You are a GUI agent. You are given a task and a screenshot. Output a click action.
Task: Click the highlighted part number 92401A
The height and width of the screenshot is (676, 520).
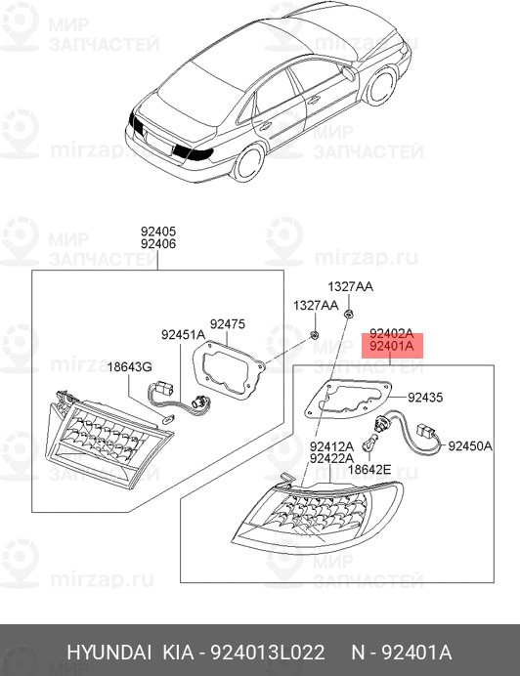coord(390,346)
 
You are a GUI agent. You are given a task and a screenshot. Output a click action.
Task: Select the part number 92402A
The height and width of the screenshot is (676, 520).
coord(390,333)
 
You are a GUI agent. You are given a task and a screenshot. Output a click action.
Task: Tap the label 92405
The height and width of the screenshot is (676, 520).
coord(157,231)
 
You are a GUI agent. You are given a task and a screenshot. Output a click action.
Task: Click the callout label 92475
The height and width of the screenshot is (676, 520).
coord(227,322)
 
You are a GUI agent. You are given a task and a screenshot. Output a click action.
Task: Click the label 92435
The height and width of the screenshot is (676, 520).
coord(425,398)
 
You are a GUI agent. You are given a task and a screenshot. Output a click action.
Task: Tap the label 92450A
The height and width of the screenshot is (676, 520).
coord(469,446)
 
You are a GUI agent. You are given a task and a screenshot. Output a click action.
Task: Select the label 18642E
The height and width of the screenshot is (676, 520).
coord(370,470)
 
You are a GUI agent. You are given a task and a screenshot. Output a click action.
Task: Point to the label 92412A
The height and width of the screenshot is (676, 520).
coord(331,445)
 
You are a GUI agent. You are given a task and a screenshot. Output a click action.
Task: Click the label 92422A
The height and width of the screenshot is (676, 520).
coord(331,458)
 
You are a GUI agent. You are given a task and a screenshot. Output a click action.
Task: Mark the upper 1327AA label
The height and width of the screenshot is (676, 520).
coord(349,287)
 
